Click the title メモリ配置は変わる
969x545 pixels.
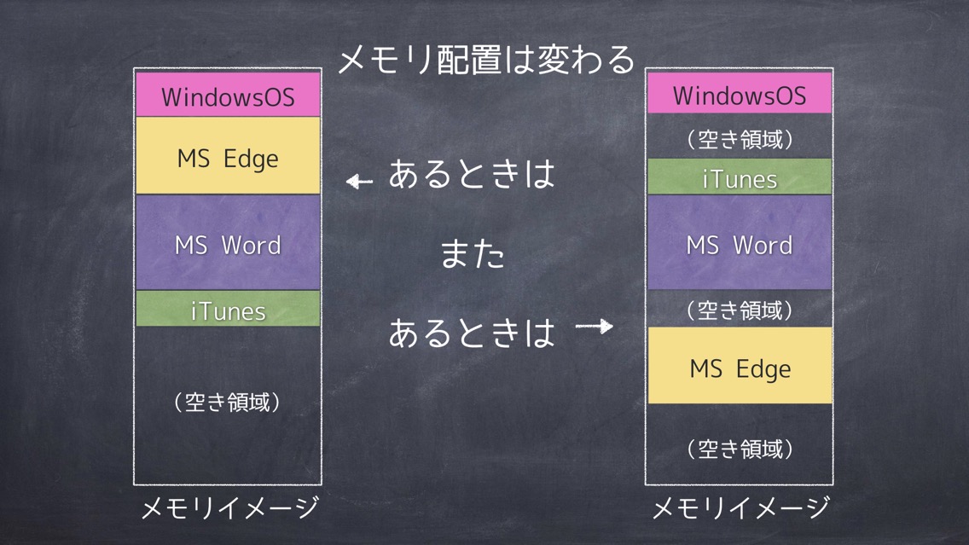pos(487,61)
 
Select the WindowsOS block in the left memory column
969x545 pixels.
pos(228,95)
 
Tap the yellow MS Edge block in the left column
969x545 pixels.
pos(228,156)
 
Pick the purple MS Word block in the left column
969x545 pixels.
pos(228,242)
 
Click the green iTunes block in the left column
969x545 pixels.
pos(228,309)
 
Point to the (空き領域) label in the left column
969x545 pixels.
pos(228,403)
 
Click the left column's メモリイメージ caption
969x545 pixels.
pos(229,508)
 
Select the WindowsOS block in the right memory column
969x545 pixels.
pos(740,93)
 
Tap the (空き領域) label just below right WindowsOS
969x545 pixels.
pos(740,140)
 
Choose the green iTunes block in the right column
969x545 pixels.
pos(740,177)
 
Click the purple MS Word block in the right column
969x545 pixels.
pos(740,242)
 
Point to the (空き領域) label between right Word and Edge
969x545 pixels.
pos(740,310)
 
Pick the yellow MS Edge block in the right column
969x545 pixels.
pos(740,366)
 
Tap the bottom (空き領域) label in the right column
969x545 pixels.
pos(740,449)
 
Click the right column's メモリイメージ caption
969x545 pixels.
pos(741,508)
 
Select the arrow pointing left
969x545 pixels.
pos(360,181)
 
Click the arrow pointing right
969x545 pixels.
pos(595,326)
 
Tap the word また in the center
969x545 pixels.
pos(473,254)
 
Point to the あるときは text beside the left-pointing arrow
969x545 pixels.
pos(473,174)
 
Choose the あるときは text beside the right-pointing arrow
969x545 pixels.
pos(473,333)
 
